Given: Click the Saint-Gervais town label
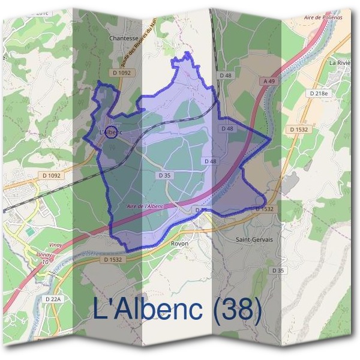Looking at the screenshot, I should click(x=254, y=239).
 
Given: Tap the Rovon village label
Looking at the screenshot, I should click(x=179, y=244).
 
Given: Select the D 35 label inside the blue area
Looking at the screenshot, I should click(x=165, y=175).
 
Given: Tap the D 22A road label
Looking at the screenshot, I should click(x=54, y=298).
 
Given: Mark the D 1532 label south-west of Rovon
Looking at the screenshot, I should click(x=113, y=260).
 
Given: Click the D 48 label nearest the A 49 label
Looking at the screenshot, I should click(x=226, y=75).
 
